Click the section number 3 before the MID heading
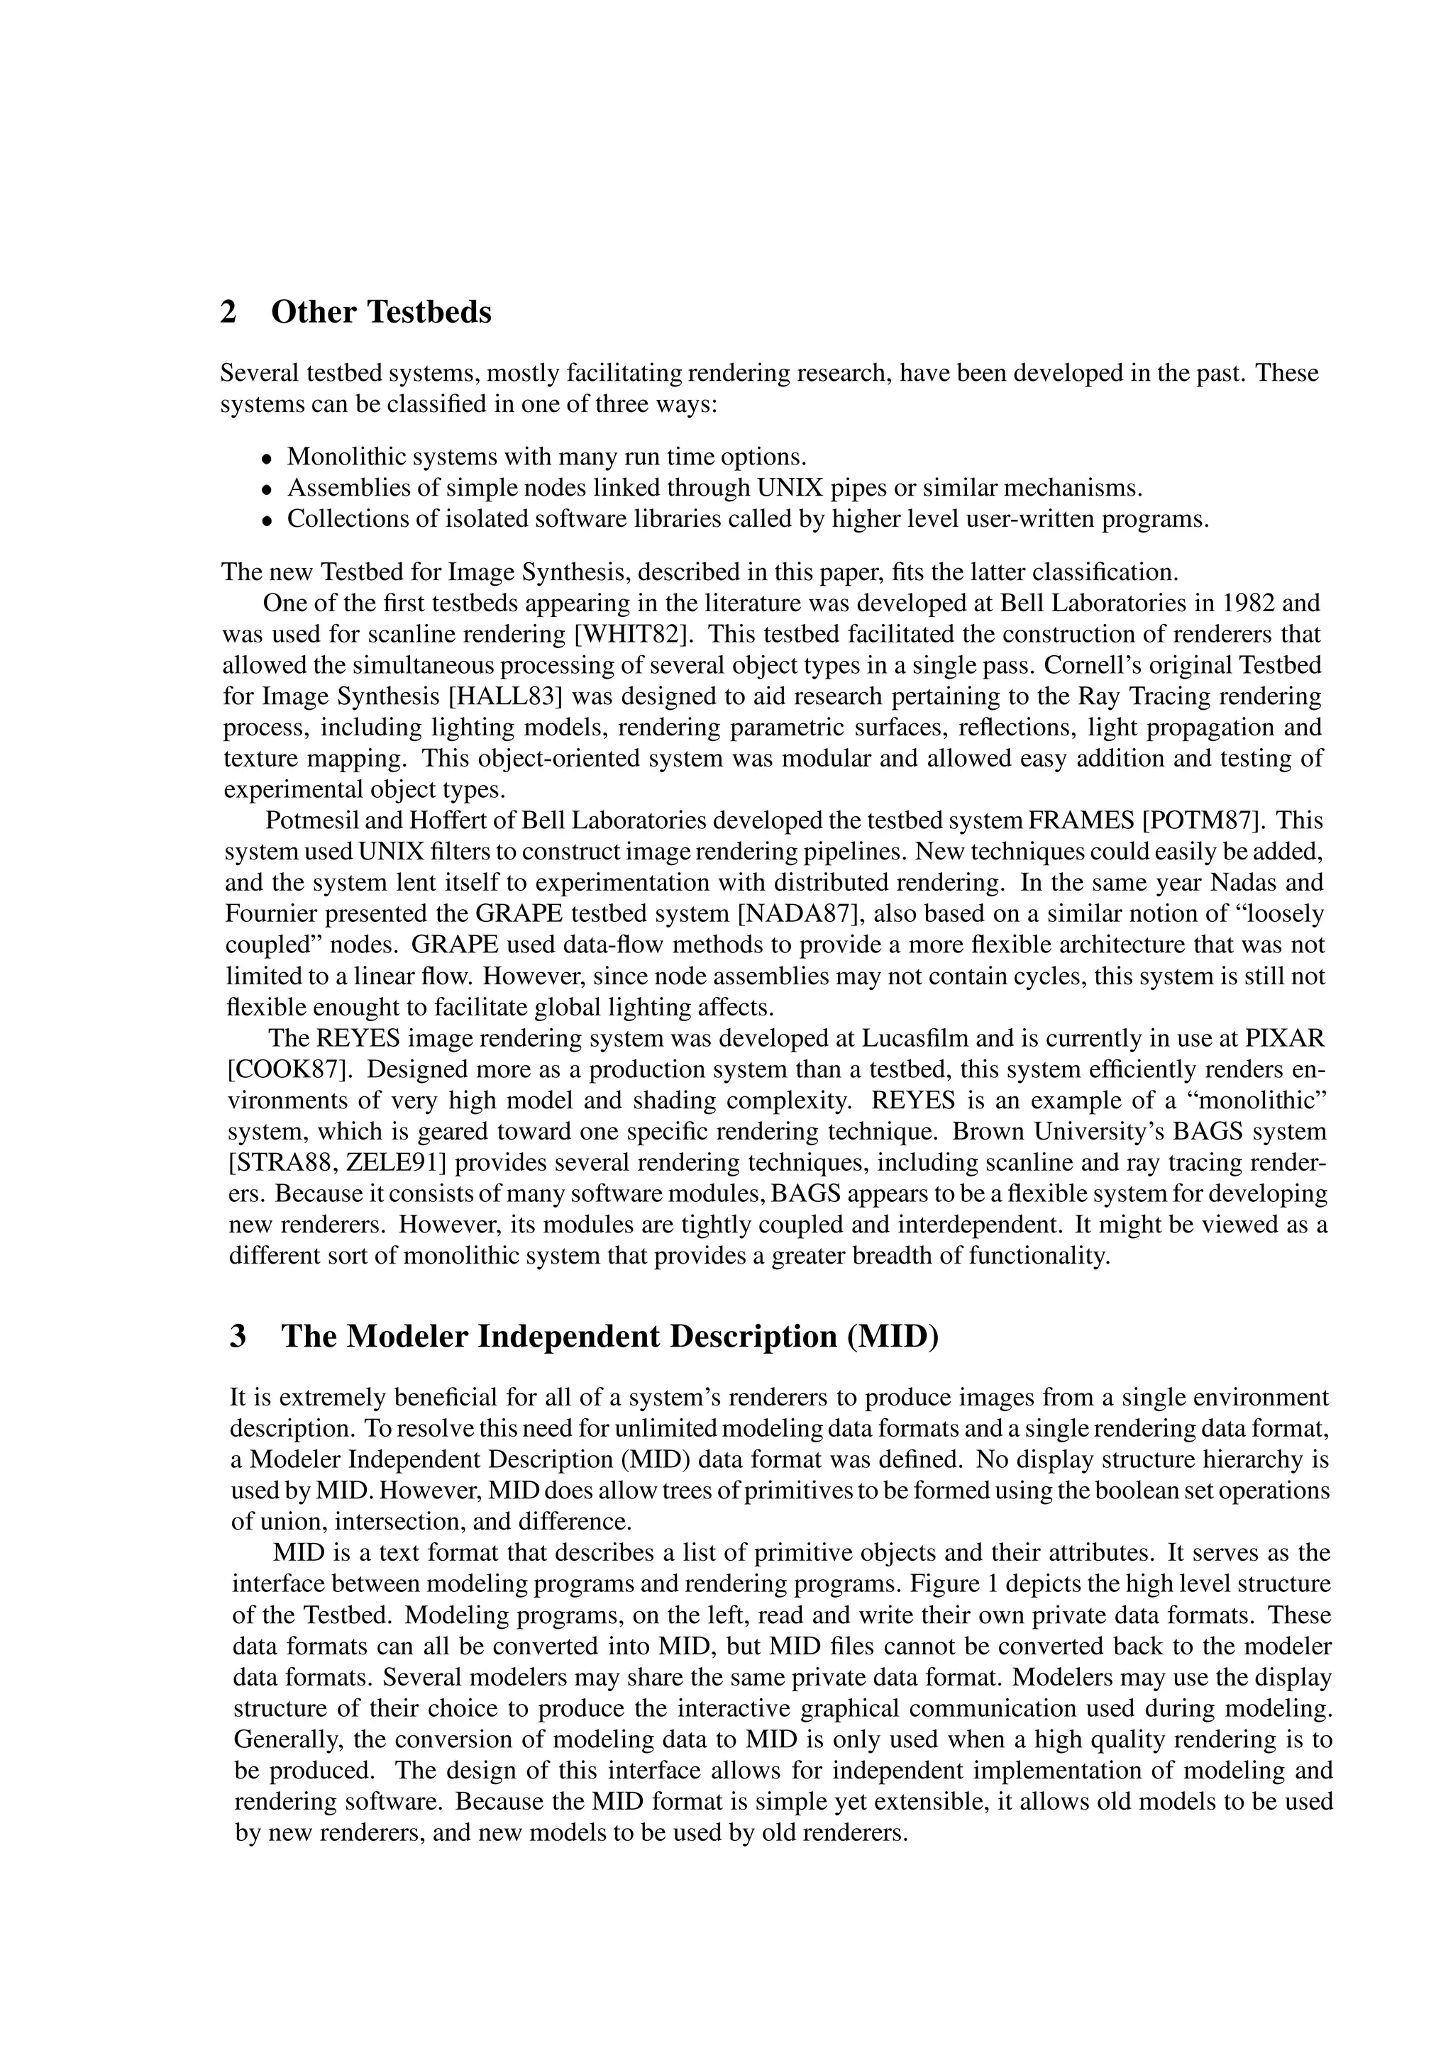click(238, 1335)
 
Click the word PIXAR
click(1285, 1039)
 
